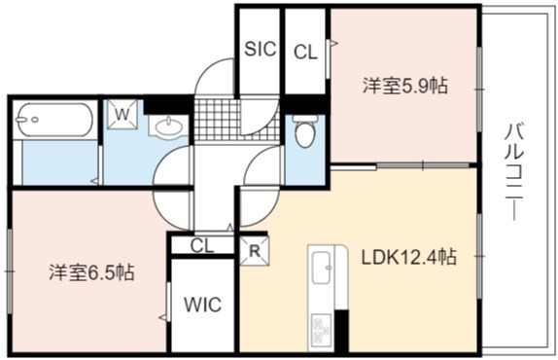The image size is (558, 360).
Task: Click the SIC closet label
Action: tap(261, 49)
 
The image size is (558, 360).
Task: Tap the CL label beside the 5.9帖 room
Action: tap(305, 54)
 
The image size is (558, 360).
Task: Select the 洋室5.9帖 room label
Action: tap(405, 86)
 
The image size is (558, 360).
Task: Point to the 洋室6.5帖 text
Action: tap(91, 272)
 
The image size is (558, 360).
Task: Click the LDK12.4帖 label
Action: tap(409, 257)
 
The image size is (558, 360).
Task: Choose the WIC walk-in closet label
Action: tap(202, 305)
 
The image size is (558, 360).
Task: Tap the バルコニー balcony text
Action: tap(514, 171)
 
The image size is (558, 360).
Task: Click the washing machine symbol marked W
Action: tap(122, 114)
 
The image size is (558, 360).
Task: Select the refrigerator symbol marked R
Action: tap(255, 251)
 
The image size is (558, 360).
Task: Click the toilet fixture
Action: tap(305, 131)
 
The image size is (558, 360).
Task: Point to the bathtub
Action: tap(55, 120)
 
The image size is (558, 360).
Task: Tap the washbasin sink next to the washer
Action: tap(168, 126)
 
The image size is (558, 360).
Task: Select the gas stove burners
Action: tap(322, 329)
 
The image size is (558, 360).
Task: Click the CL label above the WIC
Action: tap(202, 245)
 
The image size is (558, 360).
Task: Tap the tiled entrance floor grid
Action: tap(236, 120)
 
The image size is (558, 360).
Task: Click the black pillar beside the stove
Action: tap(342, 331)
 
